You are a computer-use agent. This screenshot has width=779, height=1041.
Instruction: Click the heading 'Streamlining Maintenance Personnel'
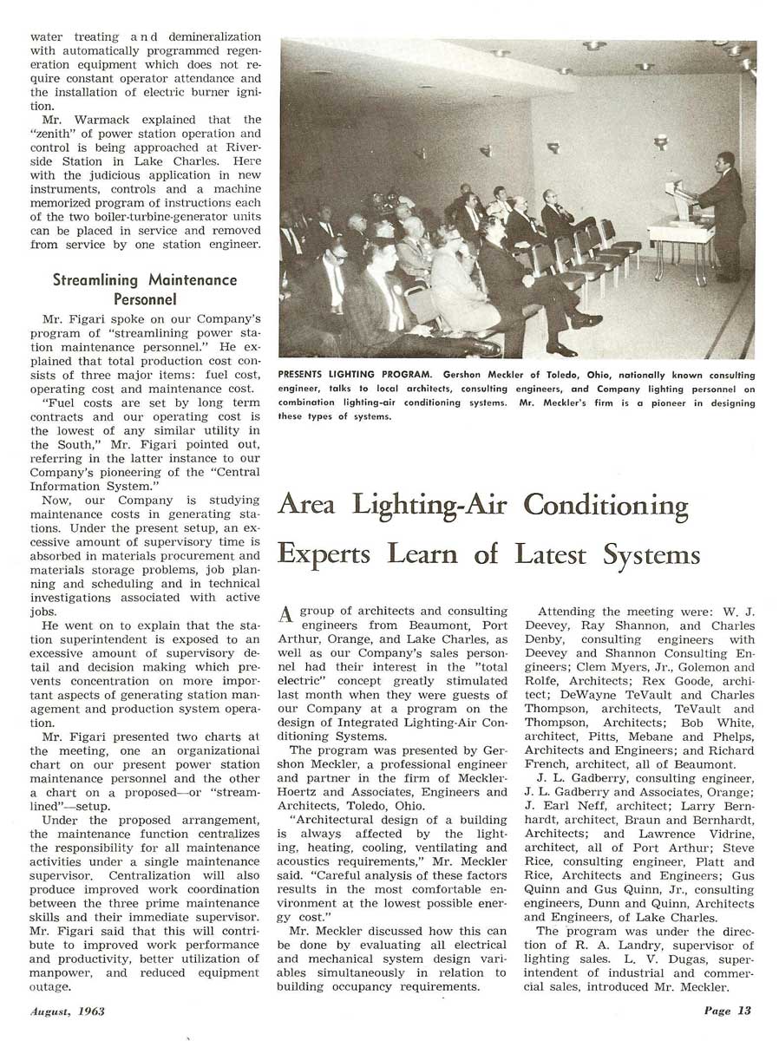point(144,289)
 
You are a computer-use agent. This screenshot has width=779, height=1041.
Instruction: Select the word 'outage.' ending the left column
point(54,987)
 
